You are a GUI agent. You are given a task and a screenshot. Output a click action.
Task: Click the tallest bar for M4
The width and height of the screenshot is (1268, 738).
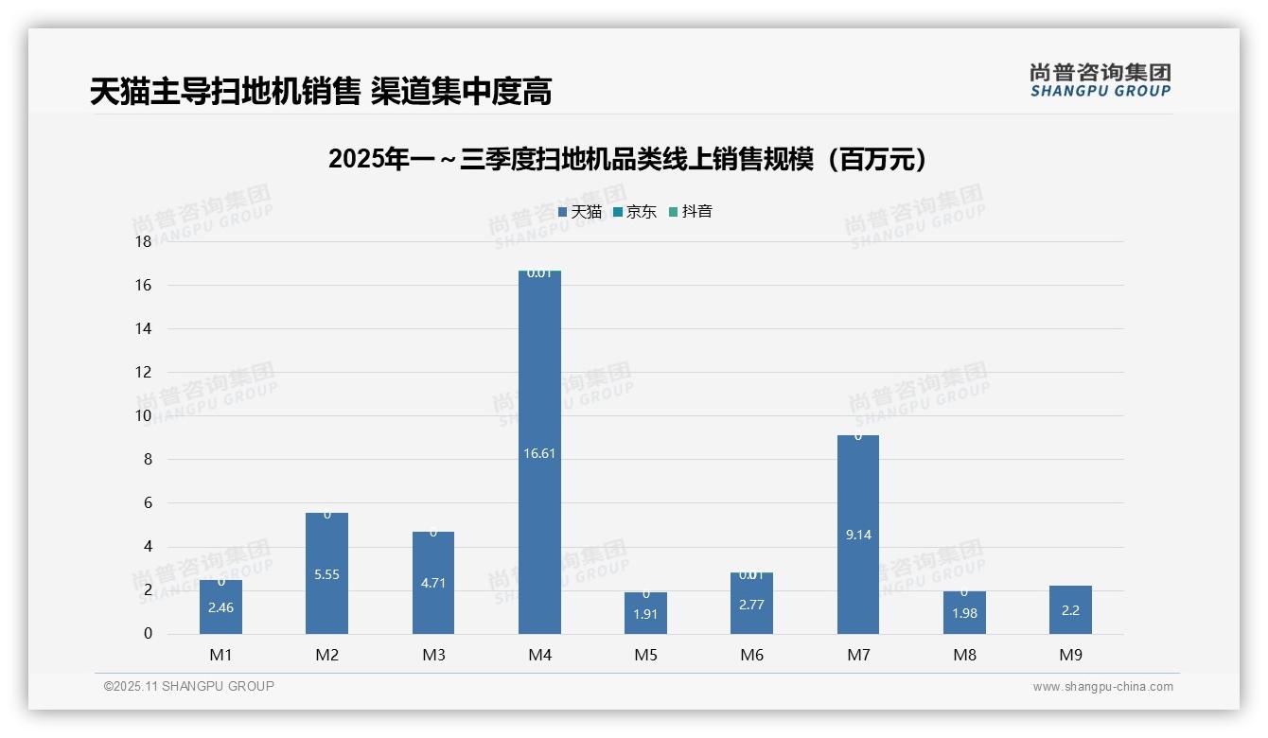(539, 378)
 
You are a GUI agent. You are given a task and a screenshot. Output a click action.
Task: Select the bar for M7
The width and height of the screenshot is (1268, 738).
(858, 492)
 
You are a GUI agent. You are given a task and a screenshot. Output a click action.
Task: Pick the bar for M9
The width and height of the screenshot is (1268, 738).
(1070, 610)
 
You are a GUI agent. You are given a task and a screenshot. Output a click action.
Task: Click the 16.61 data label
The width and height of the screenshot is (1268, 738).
(539, 453)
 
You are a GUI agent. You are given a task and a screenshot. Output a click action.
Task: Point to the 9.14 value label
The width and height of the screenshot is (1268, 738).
(858, 535)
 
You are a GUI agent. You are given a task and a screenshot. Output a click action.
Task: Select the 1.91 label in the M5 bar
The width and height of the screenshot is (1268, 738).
(646, 614)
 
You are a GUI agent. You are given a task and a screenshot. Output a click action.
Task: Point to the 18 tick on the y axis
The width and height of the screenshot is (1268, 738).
(143, 241)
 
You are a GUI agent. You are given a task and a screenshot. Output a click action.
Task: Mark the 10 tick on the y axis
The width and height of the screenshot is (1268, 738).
(143, 415)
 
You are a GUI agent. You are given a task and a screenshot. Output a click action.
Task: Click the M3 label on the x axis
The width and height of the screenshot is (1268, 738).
(433, 655)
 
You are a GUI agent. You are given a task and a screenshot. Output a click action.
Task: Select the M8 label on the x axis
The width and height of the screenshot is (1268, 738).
(964, 655)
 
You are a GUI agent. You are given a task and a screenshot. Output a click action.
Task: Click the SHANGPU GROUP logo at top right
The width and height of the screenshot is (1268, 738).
(1100, 79)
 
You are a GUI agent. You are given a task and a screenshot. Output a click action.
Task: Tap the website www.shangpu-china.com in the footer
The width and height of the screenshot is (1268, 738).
(1102, 687)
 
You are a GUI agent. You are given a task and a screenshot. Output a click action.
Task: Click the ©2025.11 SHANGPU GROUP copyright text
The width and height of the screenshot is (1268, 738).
(189, 686)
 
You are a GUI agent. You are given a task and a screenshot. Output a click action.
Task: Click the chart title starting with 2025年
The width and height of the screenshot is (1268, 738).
(627, 159)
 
